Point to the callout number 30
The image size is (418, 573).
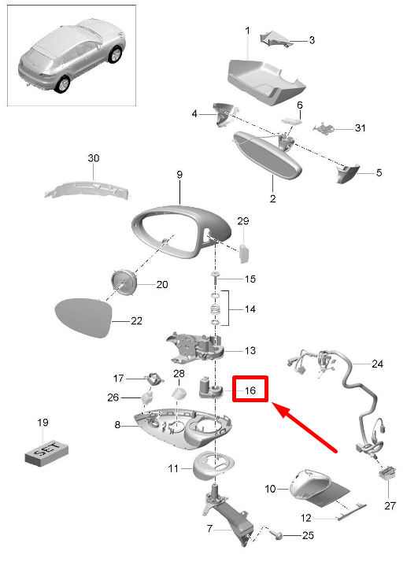coord(94,158)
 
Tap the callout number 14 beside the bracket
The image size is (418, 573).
coord(249,309)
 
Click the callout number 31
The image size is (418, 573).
coord(361,128)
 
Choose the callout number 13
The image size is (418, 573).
coord(250,350)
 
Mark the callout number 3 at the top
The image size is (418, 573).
coord(311,39)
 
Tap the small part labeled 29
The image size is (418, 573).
coord(244,251)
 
